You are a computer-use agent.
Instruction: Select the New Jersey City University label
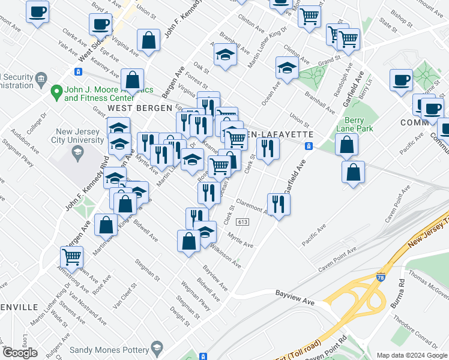coord(80,136)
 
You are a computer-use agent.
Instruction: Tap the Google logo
coord(20,353)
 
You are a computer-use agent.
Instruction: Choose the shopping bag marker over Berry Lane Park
coord(347,145)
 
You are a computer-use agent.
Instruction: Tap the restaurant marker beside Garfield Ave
coord(279,204)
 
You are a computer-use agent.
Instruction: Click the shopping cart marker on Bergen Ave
coord(71,256)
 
